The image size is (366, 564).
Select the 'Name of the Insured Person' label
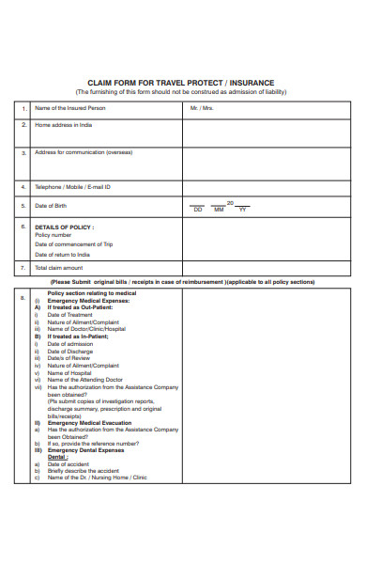(x=70, y=108)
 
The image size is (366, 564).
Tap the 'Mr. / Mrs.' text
(x=202, y=108)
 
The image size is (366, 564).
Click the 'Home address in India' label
(x=65, y=124)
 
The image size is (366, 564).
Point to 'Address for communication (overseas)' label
(x=84, y=152)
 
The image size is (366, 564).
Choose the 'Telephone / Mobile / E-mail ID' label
(x=73, y=186)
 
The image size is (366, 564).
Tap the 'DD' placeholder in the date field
(x=198, y=210)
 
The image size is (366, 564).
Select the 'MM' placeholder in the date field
(x=220, y=210)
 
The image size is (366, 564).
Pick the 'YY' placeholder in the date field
(x=242, y=210)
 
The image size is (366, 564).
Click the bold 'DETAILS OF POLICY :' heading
(x=65, y=227)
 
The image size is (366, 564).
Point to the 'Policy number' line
(x=53, y=236)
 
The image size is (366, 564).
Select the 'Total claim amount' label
(x=59, y=268)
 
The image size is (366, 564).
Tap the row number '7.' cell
(x=23, y=268)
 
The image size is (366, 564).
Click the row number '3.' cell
(x=23, y=152)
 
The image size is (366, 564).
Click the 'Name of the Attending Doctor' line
(x=84, y=379)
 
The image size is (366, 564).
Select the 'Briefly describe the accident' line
(x=83, y=470)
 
